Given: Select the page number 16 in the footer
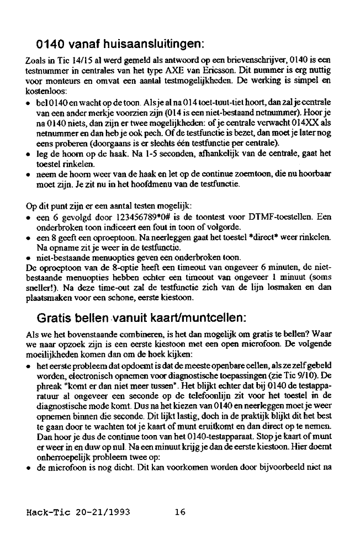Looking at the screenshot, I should tap(180, 512).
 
